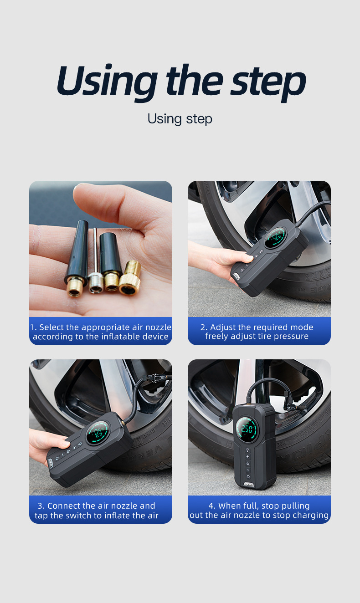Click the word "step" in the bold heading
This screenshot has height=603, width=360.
(x=268, y=82)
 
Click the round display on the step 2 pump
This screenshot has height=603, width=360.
(x=275, y=238)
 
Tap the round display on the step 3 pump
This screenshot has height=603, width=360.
(x=98, y=433)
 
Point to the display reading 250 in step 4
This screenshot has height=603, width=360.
(x=247, y=429)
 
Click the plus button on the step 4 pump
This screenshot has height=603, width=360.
(x=248, y=457)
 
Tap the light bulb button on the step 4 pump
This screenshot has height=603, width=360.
(x=248, y=450)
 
